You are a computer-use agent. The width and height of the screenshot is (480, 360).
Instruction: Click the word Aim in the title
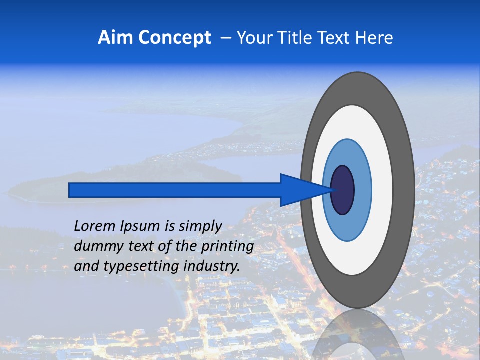(x=115, y=38)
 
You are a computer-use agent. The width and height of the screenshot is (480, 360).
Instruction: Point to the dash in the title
(x=225, y=38)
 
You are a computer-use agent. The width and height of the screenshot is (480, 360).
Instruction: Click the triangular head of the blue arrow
(x=300, y=190)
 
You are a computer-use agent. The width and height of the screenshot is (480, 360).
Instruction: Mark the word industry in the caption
(x=212, y=266)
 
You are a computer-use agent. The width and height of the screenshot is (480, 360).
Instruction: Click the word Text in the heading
(x=336, y=38)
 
